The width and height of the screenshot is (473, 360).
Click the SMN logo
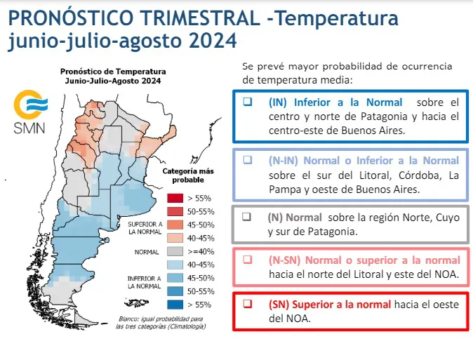(x=29, y=112)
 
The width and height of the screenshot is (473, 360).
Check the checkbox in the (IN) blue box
(x=247, y=102)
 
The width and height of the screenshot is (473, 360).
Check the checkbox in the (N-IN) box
(x=247, y=160)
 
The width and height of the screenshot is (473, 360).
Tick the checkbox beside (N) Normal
(x=247, y=217)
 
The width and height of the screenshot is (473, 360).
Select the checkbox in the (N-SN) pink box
(x=247, y=259)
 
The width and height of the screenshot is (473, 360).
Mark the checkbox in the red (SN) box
(x=247, y=304)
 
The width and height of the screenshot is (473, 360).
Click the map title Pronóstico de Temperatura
(x=113, y=71)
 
